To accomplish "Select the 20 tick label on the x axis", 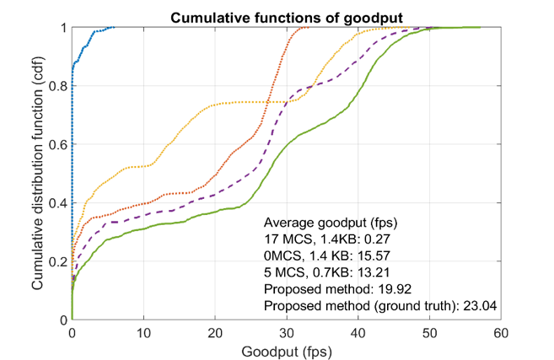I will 216,332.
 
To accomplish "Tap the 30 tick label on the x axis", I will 288,332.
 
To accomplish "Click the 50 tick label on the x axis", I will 431,332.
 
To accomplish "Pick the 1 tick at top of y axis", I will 64,28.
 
